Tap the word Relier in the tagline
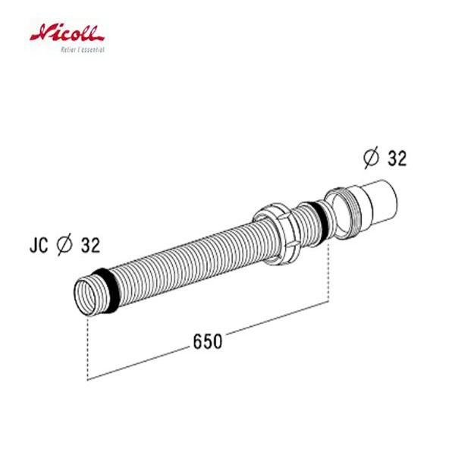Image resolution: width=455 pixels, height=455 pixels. [x=67, y=49]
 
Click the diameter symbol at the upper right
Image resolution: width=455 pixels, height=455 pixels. [x=372, y=158]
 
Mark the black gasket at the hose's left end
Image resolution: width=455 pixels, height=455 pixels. [x=108, y=287]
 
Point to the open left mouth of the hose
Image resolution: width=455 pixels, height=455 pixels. [x=86, y=294]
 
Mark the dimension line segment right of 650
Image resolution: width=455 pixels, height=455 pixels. [x=277, y=319]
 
